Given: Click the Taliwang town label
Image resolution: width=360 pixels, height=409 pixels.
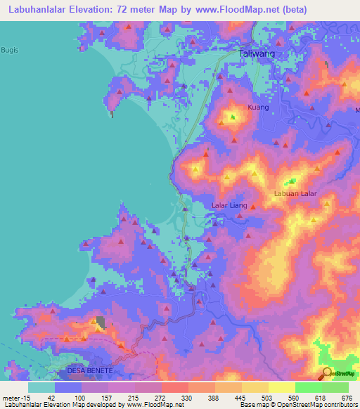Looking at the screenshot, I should click(256, 53).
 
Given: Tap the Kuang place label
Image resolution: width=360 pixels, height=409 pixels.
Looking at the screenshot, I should click(258, 108).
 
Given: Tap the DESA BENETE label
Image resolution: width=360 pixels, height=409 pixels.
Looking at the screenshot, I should click(89, 370).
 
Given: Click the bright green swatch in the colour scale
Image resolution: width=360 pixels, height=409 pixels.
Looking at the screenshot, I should click(308, 387).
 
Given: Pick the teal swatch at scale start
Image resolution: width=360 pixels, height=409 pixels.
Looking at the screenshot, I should click(41, 387).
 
